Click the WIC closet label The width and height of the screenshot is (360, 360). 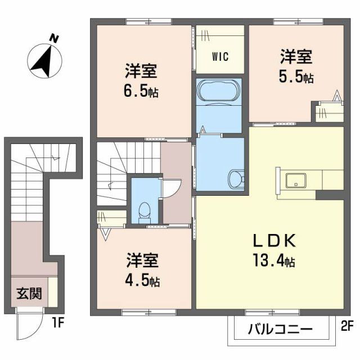click(220, 57)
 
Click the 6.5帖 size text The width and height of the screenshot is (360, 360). click(142, 91)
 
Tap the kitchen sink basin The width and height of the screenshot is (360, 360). click(295, 181)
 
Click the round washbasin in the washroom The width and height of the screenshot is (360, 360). click(235, 180)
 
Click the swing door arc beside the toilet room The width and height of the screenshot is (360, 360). click(173, 188)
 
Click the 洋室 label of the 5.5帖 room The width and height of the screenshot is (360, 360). click(296, 58)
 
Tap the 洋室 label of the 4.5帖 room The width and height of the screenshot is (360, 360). click(142, 260)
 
